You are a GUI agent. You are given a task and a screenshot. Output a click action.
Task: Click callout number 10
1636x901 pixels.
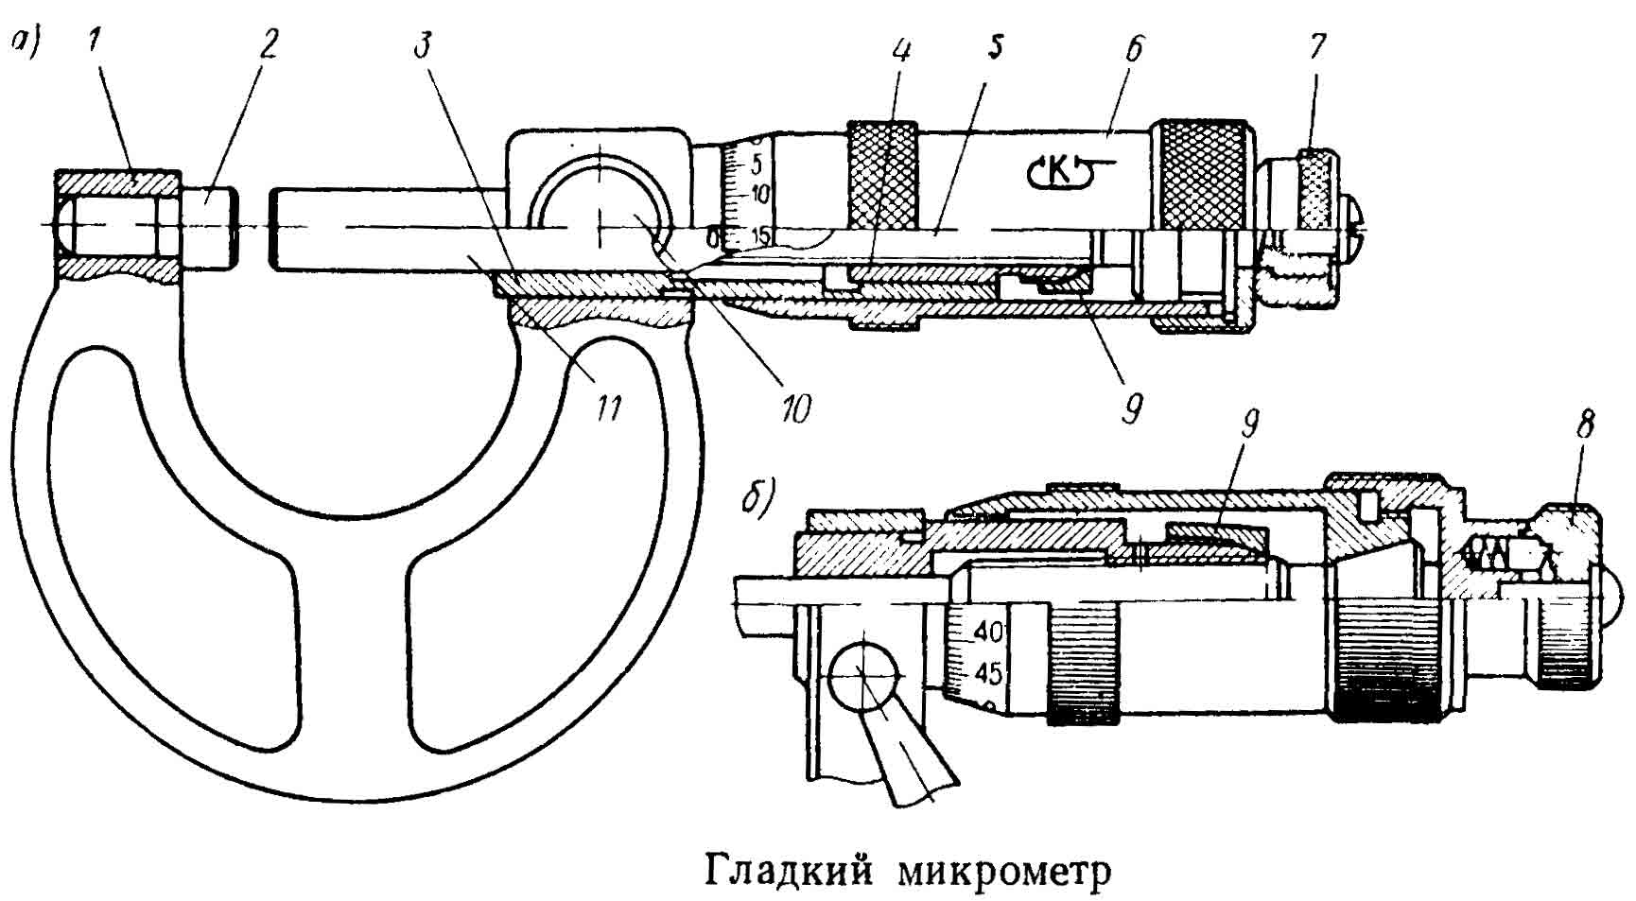[x=796, y=408]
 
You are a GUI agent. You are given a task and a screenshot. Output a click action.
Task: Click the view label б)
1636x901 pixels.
[x=759, y=497]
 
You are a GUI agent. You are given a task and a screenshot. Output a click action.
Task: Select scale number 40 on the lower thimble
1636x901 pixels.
[x=990, y=631]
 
